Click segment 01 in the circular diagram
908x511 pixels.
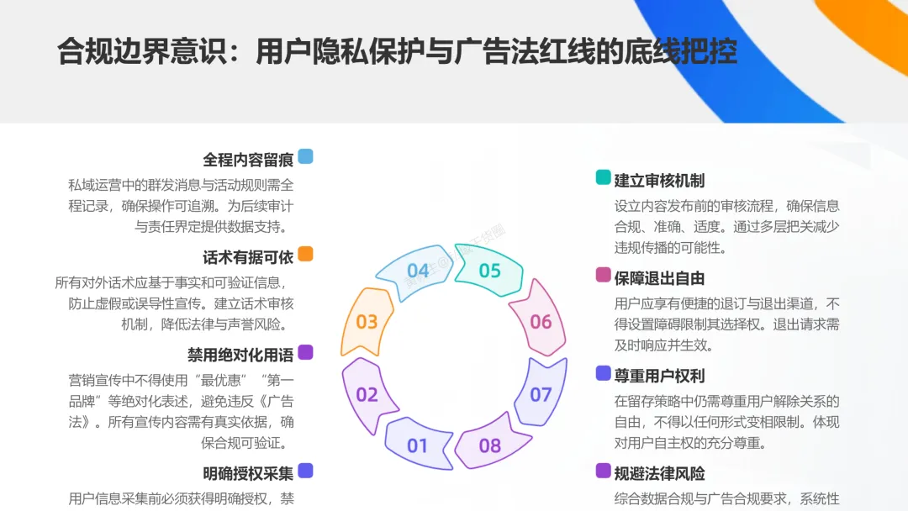pyautogui.click(x=417, y=445)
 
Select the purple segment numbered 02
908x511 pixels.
pyautogui.click(x=367, y=394)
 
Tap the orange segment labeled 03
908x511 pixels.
pyautogui.click(x=367, y=321)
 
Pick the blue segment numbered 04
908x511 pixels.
pyautogui.click(x=418, y=271)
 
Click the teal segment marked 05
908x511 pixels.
pyautogui.click(x=489, y=271)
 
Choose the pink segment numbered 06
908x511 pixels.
pyautogui.click(x=541, y=321)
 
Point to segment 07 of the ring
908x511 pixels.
pyautogui.click(x=541, y=394)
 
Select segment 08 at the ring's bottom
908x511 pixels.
pyautogui.click(x=490, y=445)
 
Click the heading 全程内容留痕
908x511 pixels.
pyautogui.click(x=247, y=159)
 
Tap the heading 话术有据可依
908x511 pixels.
pyautogui.click(x=247, y=256)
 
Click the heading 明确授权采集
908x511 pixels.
pyautogui.click(x=247, y=472)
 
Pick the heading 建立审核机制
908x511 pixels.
pyautogui.click(x=659, y=180)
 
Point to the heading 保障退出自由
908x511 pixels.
pyautogui.click(x=659, y=277)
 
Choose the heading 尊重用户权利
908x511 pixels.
pyautogui.click(x=659, y=375)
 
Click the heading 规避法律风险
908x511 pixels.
pyautogui.click(x=659, y=473)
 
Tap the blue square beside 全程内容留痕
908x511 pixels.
pyautogui.click(x=305, y=156)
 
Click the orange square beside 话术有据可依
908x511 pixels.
pyautogui.click(x=305, y=254)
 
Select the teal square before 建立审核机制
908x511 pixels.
pyautogui.click(x=603, y=177)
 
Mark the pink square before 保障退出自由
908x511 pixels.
pyautogui.click(x=603, y=275)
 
